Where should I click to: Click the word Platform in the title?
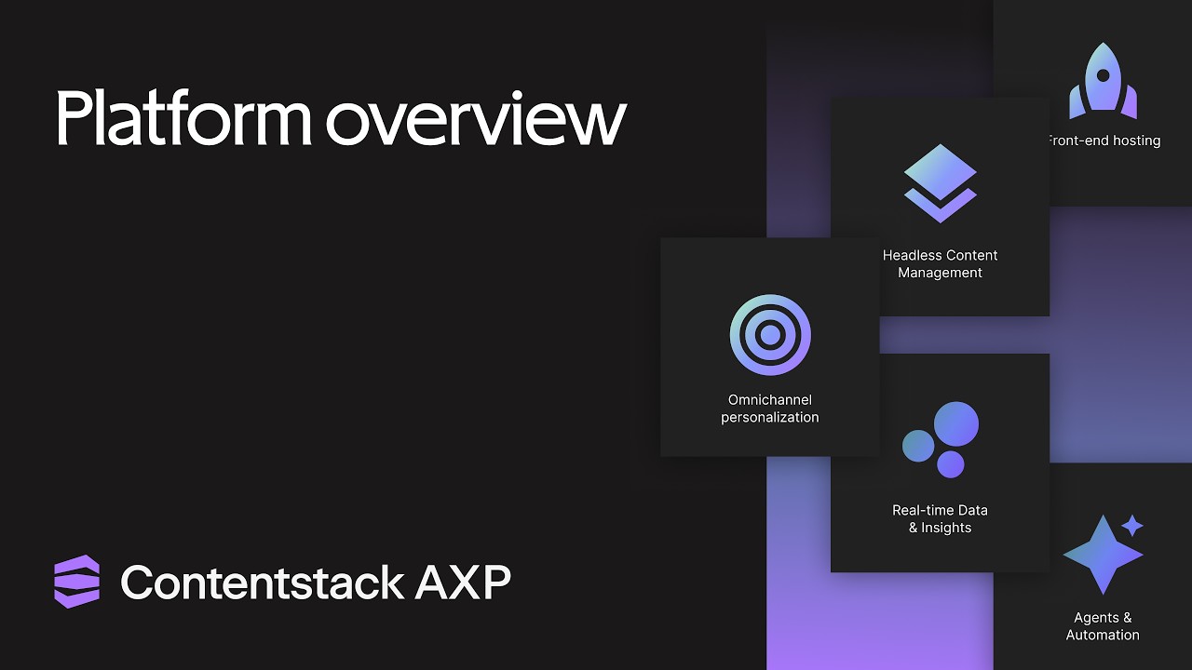click(x=183, y=119)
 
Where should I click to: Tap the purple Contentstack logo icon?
click(x=76, y=582)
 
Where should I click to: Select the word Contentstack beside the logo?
click(x=262, y=583)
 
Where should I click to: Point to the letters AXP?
click(x=463, y=583)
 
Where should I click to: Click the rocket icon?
click(x=1103, y=82)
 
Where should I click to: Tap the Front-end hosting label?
click(x=1104, y=141)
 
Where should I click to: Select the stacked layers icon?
click(x=940, y=183)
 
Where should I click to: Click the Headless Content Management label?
click(x=940, y=263)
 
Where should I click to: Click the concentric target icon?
click(x=770, y=335)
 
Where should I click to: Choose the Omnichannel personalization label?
click(x=770, y=409)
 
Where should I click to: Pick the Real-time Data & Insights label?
click(x=940, y=518)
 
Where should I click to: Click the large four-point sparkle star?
click(x=1102, y=555)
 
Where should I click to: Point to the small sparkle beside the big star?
click(x=1132, y=526)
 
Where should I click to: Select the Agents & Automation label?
click(x=1103, y=626)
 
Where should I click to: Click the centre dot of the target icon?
click(x=770, y=335)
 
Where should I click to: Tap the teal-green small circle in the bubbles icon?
click(x=918, y=446)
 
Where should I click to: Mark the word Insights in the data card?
click(x=946, y=528)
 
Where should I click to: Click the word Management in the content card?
click(x=940, y=273)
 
